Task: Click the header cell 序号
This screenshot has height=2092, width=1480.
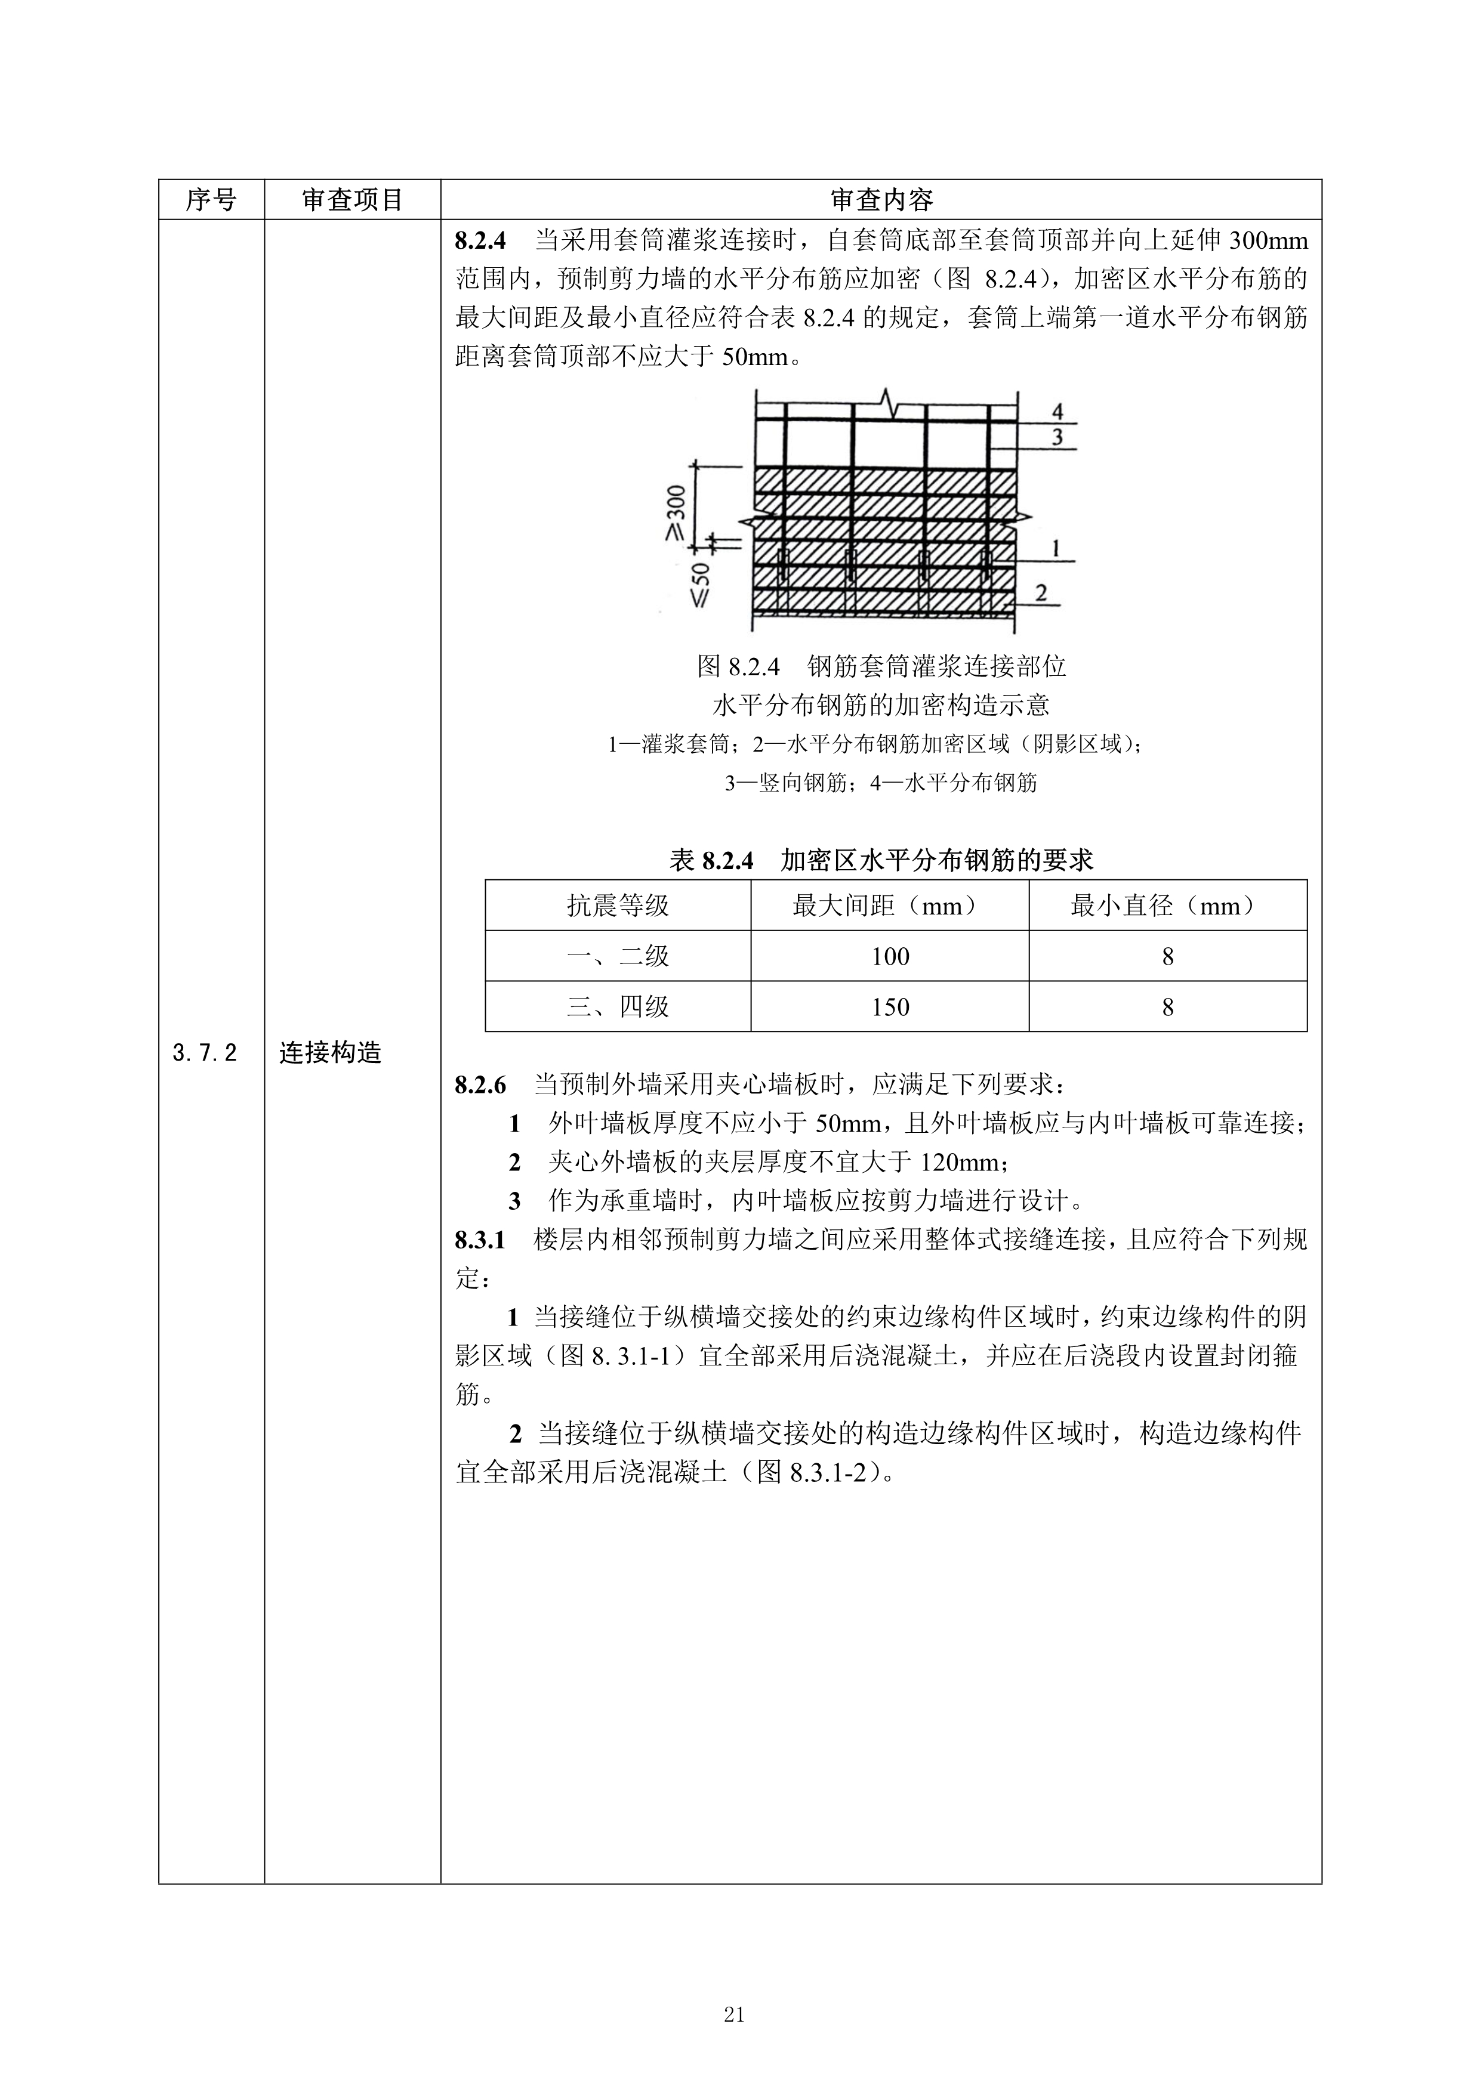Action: [211, 200]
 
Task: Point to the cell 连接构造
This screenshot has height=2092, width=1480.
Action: [330, 1053]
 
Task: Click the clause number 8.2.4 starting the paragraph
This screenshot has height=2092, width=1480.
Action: [479, 242]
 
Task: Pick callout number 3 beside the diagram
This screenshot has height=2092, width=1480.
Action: [1057, 437]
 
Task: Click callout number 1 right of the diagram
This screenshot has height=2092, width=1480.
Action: [1055, 549]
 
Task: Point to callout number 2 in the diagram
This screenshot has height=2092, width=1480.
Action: [1041, 592]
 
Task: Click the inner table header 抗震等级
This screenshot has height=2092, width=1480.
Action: [618, 905]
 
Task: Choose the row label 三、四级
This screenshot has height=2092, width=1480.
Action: [618, 1007]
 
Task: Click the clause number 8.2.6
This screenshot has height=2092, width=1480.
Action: [479, 1085]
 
